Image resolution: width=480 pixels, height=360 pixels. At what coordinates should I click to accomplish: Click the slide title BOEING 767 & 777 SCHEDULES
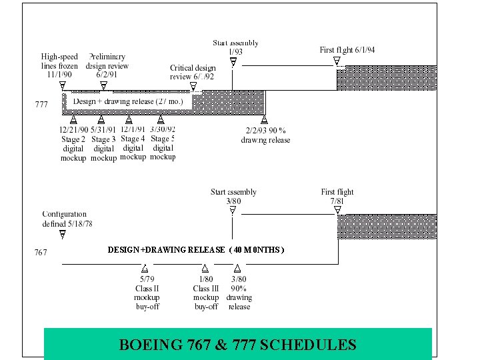point(237,345)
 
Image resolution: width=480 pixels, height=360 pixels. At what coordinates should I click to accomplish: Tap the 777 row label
point(41,104)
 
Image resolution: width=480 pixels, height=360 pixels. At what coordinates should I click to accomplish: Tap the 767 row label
point(41,253)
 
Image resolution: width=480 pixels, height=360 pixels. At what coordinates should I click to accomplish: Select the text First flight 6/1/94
point(347,50)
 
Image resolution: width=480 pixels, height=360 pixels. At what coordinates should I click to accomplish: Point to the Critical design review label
point(193,72)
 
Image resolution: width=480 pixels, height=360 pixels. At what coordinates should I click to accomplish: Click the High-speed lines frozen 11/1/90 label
point(59,65)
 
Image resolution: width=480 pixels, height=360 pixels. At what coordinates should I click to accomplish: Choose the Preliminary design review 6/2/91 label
point(107,65)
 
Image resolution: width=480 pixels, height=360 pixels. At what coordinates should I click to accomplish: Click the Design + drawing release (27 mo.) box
point(129,101)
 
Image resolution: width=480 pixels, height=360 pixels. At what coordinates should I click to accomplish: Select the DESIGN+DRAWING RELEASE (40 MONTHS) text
point(196,250)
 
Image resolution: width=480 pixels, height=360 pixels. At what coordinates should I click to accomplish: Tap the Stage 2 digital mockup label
point(73,143)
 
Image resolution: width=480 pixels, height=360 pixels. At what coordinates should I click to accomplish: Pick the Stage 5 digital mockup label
point(162,143)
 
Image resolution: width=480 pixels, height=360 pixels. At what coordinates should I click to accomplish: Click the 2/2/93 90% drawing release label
point(265,135)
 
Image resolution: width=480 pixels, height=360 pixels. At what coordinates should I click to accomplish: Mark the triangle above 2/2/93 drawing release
point(264,121)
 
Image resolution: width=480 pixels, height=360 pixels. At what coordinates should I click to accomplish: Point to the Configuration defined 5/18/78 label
point(67,219)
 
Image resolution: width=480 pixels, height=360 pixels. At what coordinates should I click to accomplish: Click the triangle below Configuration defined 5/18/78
point(62,235)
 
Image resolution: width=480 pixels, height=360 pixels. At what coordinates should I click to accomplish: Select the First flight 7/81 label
point(337,196)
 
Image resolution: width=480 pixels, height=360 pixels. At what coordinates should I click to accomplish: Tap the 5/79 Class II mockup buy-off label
point(147,293)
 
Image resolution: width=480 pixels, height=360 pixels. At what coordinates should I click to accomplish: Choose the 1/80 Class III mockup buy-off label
point(206,293)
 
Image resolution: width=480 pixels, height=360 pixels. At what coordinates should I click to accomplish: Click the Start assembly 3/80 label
point(233,196)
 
